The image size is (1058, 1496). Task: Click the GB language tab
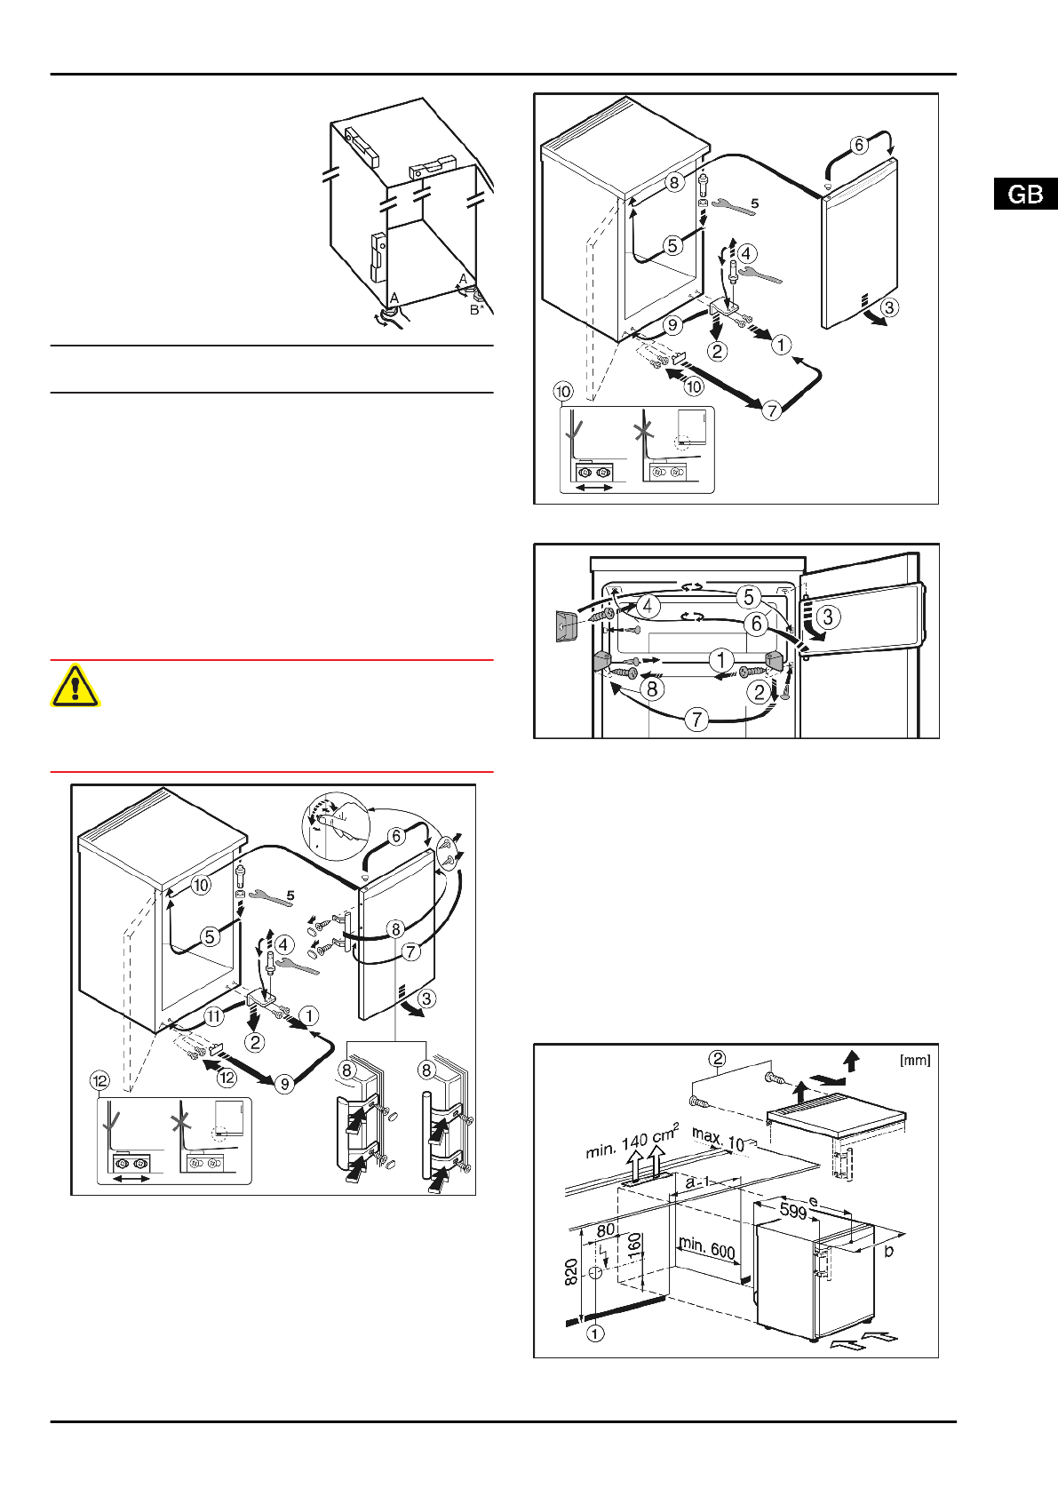(x=1025, y=195)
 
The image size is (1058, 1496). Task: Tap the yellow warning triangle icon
(x=76, y=685)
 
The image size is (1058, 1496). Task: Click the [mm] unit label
(x=915, y=1060)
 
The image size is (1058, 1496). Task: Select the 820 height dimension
(x=571, y=1271)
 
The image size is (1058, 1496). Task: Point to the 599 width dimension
(x=792, y=1211)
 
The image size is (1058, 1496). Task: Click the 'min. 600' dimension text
(x=706, y=1247)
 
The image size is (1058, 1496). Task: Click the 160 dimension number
(x=634, y=1244)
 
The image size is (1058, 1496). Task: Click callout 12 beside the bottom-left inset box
(x=99, y=1081)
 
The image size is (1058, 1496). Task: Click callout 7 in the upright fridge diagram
(x=696, y=719)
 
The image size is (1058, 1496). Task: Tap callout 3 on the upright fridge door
(x=828, y=616)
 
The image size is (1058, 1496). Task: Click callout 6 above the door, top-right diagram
(x=858, y=146)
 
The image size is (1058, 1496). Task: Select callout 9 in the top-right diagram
(x=672, y=325)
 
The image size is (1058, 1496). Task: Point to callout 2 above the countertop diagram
(x=718, y=1058)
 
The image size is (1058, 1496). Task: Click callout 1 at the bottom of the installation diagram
(x=595, y=1333)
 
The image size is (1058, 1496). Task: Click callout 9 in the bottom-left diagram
(x=284, y=1084)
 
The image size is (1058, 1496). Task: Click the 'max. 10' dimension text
(x=718, y=1139)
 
